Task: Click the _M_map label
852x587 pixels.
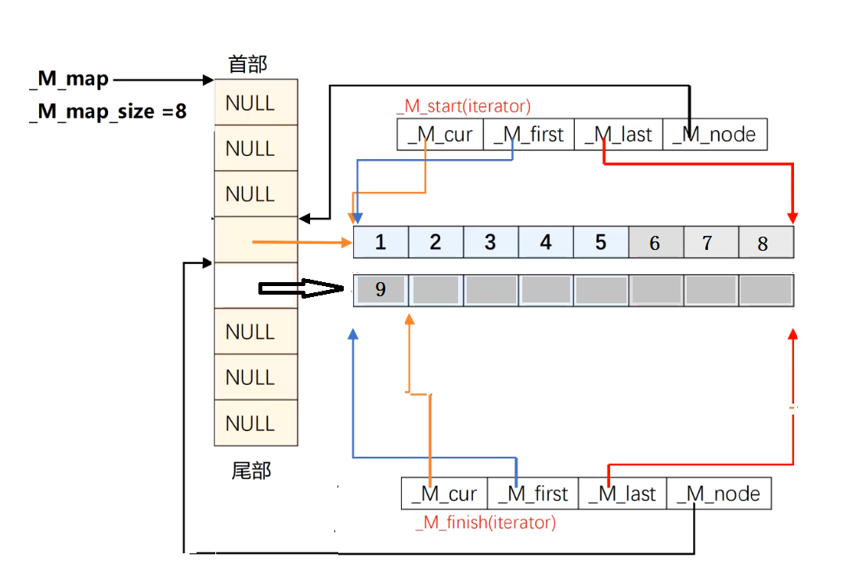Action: click(x=69, y=80)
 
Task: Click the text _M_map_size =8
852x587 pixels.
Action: click(x=107, y=111)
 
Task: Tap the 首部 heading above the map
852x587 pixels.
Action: click(x=247, y=64)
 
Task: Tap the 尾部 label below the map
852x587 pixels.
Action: click(x=251, y=471)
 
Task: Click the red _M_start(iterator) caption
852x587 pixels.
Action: click(x=463, y=106)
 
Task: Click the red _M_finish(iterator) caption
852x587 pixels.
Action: click(x=486, y=522)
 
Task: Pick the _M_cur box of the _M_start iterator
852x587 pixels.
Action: click(x=440, y=134)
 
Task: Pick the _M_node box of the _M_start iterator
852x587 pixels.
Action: click(x=714, y=134)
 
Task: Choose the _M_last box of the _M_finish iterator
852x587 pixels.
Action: click(x=622, y=494)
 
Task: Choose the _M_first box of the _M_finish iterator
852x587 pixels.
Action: click(x=532, y=494)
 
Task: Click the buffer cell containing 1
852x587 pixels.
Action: click(x=381, y=242)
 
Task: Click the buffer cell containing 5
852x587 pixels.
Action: click(x=601, y=242)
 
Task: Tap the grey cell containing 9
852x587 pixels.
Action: click(x=381, y=290)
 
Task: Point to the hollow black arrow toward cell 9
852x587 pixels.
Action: click(x=301, y=290)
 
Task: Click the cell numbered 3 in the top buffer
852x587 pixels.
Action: click(x=490, y=242)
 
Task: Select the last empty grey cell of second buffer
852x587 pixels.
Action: click(x=766, y=290)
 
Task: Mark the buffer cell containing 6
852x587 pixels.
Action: click(x=655, y=243)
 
